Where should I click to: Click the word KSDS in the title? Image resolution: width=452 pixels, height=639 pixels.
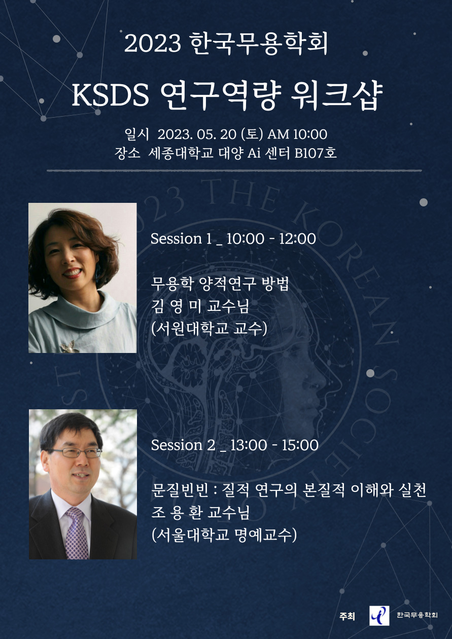110,95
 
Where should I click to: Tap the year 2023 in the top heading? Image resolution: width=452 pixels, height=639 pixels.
153,44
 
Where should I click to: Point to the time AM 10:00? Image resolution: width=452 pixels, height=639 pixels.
297,134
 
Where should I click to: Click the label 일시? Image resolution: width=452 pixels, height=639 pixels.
136,134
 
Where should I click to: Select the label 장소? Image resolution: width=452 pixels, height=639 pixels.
127,153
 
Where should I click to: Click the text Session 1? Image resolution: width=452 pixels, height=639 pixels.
181,239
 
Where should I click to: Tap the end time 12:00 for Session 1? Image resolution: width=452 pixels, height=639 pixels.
297,239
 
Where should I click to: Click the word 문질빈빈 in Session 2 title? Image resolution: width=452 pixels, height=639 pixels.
180,490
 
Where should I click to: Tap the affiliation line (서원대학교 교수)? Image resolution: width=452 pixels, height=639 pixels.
209,329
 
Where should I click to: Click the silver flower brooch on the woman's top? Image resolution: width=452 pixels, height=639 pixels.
69,346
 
